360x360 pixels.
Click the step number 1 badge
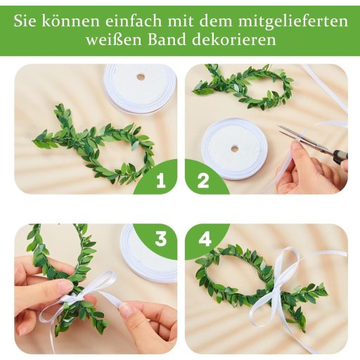tap(161, 181)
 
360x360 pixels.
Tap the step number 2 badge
tap(203, 181)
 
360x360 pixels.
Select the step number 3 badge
tap(161, 239)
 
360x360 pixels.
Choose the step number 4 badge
tap(204, 239)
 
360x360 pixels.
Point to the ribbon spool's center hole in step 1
tap(141, 77)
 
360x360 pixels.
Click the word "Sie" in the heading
tap(25, 21)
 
